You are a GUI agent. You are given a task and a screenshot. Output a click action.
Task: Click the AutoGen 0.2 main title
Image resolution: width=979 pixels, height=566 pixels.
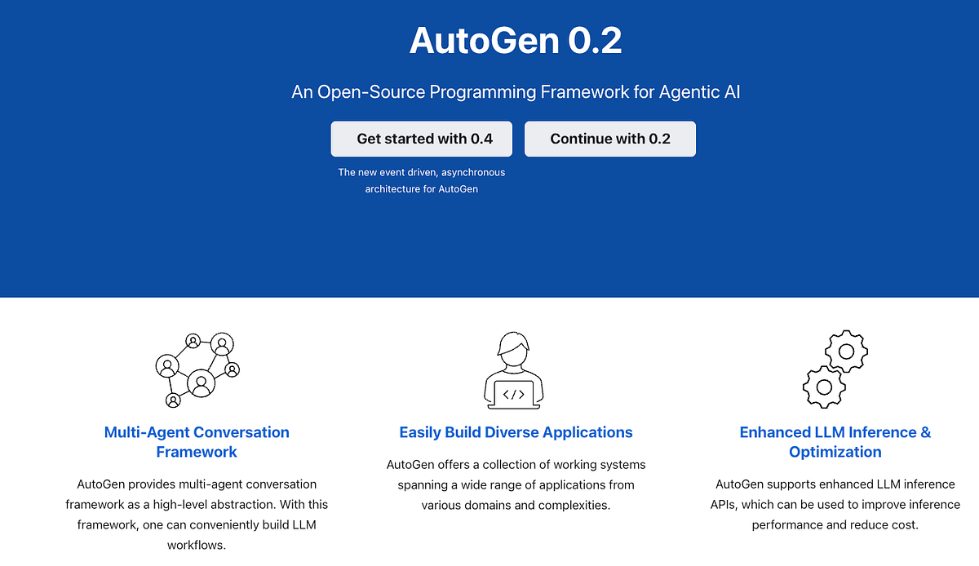tap(516, 41)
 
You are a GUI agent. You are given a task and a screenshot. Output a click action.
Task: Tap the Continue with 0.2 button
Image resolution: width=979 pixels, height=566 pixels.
tap(610, 139)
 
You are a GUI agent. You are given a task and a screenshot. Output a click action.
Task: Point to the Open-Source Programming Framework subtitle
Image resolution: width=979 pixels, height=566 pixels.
tap(516, 91)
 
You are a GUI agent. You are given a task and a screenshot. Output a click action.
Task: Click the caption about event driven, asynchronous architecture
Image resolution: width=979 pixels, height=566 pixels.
tap(422, 180)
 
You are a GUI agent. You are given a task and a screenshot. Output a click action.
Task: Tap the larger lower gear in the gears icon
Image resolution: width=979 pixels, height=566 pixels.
tap(824, 386)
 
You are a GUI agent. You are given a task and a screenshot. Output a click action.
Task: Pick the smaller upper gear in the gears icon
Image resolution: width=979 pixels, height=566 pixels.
tap(846, 352)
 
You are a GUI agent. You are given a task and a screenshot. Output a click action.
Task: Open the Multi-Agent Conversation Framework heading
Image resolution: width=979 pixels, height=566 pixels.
tap(197, 442)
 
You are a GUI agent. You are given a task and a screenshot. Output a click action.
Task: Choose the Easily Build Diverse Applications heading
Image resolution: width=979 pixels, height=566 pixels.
tap(516, 432)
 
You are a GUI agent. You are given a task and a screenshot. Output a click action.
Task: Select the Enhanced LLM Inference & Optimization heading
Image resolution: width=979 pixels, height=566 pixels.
tap(835, 442)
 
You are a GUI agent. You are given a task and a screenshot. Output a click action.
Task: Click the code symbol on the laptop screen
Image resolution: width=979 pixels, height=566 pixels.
tap(514, 395)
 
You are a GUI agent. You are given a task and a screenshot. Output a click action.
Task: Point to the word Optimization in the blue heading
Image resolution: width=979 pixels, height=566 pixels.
tap(835, 452)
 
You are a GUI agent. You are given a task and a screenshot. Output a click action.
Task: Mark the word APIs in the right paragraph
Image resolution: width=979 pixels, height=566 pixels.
tap(726, 504)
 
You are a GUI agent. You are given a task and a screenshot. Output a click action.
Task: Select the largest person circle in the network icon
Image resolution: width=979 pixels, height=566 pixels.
tap(201, 382)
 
